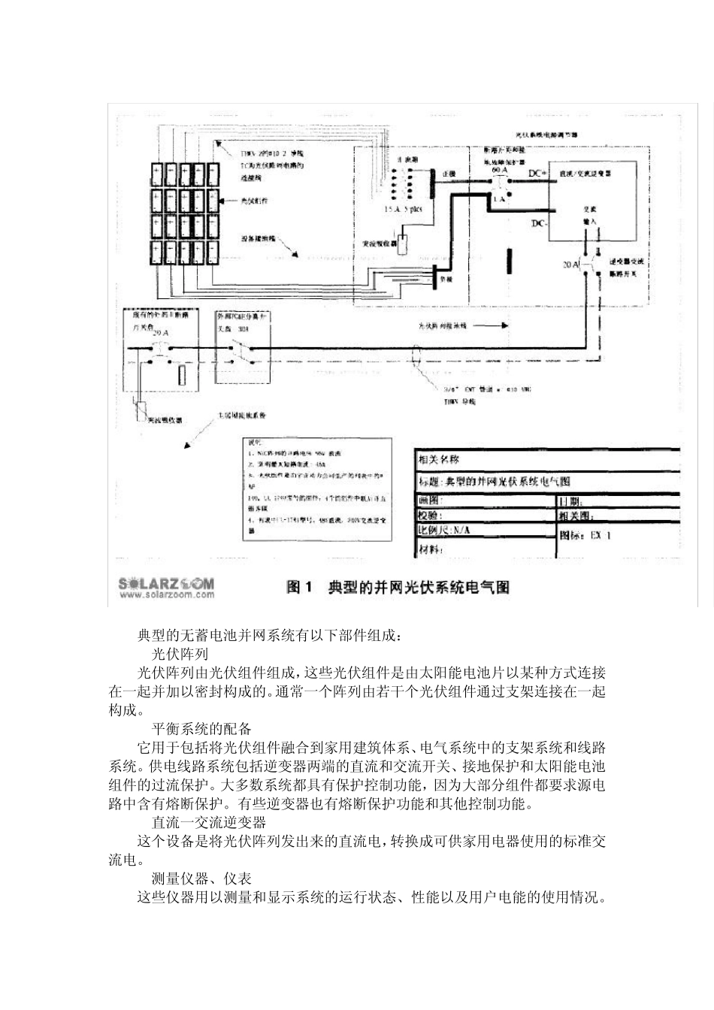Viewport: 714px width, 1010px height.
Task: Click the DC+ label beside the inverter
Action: point(537,173)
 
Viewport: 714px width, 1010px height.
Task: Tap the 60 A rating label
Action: point(500,171)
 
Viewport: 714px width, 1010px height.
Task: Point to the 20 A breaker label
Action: point(572,265)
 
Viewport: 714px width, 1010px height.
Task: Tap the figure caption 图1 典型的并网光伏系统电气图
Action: point(398,587)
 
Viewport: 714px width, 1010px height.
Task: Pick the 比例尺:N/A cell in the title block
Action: point(446,530)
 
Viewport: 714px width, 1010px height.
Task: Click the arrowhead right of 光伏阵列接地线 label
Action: point(506,327)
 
